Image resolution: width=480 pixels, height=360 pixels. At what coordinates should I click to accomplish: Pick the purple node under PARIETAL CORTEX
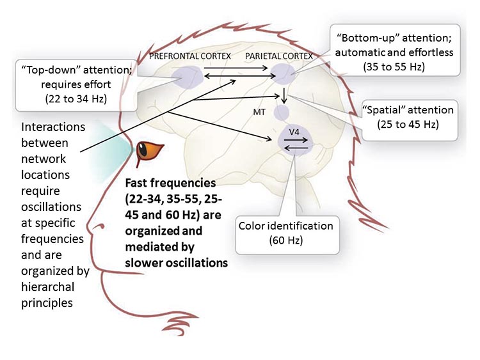282,76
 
